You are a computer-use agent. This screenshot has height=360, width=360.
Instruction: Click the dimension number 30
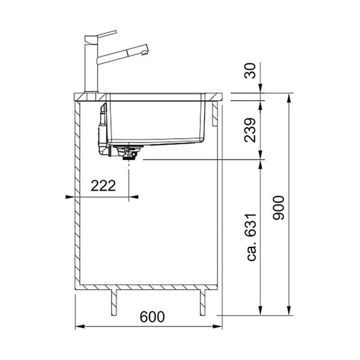[x=250, y=71]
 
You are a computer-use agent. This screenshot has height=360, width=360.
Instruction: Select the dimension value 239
[x=250, y=130]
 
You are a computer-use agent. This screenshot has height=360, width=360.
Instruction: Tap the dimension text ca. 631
[x=251, y=237]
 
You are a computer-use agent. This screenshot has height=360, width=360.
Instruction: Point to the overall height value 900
[x=279, y=208]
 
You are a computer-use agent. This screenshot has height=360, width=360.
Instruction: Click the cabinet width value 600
[x=152, y=317]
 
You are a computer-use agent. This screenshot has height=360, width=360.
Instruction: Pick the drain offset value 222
[x=103, y=186]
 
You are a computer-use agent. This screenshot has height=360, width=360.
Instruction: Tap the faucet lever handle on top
[x=107, y=33]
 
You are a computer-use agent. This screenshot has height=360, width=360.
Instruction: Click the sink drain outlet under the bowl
[x=129, y=153]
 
